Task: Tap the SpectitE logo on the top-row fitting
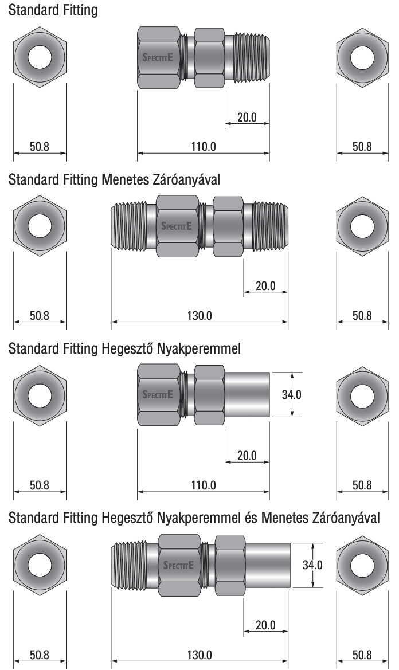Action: tap(158, 57)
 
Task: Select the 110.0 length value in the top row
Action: tap(204, 147)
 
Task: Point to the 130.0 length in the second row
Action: tap(199, 316)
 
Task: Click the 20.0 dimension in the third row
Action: tap(247, 456)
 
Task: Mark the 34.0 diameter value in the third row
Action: tap(291, 394)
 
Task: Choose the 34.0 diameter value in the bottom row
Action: tap(312, 565)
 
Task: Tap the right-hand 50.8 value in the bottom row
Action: tap(362, 655)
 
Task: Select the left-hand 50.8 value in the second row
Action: tap(40, 316)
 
